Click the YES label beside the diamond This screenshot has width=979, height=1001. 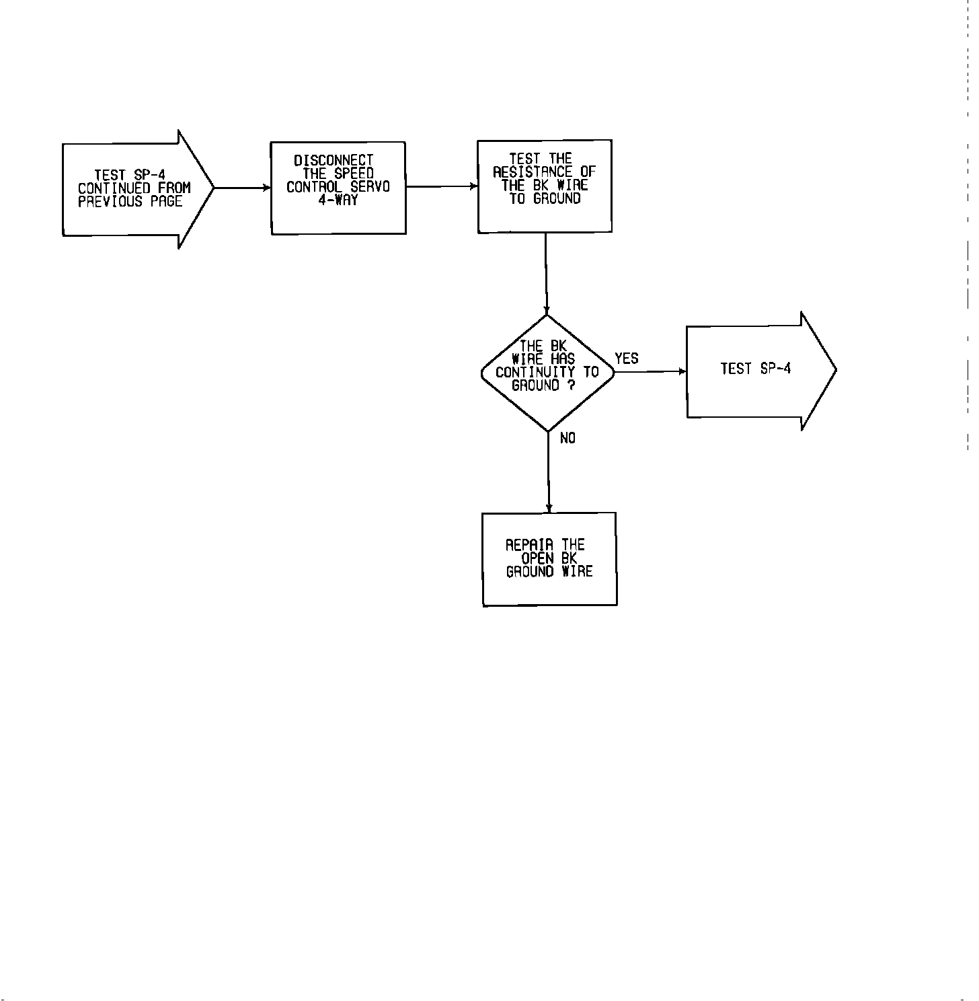point(626,359)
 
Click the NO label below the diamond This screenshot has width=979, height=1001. point(567,438)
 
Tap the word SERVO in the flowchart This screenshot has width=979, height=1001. point(370,187)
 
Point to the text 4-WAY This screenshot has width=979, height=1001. point(338,200)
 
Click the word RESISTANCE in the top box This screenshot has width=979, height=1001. point(533,172)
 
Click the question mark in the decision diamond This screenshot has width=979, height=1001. point(571,385)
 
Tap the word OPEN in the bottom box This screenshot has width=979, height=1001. point(538,558)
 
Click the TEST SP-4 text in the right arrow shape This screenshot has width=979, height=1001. point(755,369)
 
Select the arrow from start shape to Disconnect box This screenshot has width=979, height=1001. point(242,188)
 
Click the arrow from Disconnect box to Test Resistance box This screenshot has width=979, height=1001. point(442,186)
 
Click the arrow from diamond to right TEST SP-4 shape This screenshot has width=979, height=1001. point(650,371)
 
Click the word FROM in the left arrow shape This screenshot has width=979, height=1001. point(174,188)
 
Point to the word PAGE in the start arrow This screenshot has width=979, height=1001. point(166,202)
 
